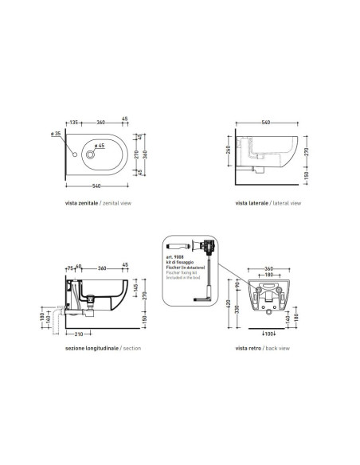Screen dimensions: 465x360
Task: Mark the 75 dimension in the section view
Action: [x=69, y=268]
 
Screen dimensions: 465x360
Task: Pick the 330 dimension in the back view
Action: [x=238, y=309]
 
